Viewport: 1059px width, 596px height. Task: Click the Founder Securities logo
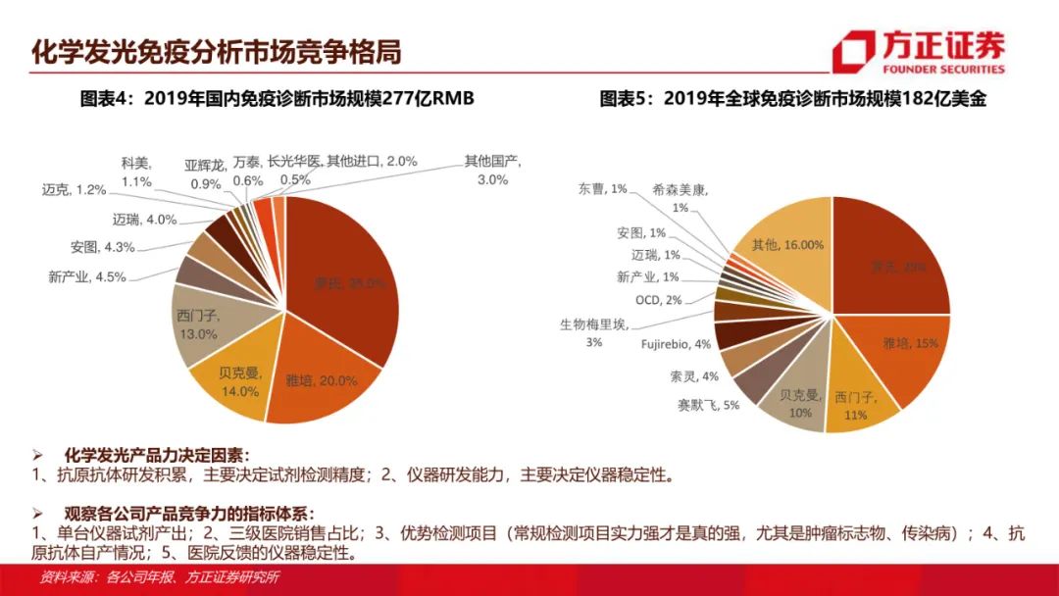tap(918, 52)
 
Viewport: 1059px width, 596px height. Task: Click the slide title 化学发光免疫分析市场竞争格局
tap(217, 50)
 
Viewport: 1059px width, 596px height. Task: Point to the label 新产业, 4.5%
tap(87, 276)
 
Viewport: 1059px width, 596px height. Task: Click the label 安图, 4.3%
tap(103, 247)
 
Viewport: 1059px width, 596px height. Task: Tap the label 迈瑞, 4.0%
tap(130, 220)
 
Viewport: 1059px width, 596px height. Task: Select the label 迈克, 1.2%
tap(75, 189)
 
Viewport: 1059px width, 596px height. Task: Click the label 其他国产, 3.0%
tap(492, 170)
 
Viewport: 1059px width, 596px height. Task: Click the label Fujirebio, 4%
tap(676, 344)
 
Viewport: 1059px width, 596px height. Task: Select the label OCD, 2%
tap(659, 299)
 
